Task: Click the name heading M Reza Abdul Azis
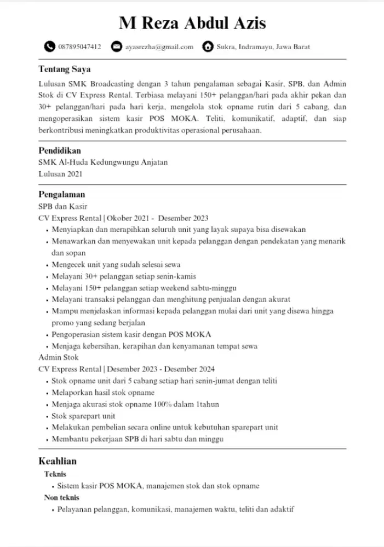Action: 192,24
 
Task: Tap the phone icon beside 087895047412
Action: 50,46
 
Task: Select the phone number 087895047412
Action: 79,47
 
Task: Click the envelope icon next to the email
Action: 116,46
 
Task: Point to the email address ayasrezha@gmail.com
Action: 159,47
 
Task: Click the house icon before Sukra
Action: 208,46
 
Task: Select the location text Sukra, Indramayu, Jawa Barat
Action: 263,47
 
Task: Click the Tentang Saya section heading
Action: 64,69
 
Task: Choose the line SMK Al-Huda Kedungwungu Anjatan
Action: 103,162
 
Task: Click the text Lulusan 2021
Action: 60,174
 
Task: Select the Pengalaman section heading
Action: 61,194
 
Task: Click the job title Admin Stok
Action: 59,357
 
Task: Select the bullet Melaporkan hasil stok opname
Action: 103,392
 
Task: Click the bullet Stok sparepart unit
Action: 83,416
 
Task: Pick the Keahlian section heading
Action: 58,461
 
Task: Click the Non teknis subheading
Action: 62,497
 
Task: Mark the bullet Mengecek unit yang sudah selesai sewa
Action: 116,264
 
